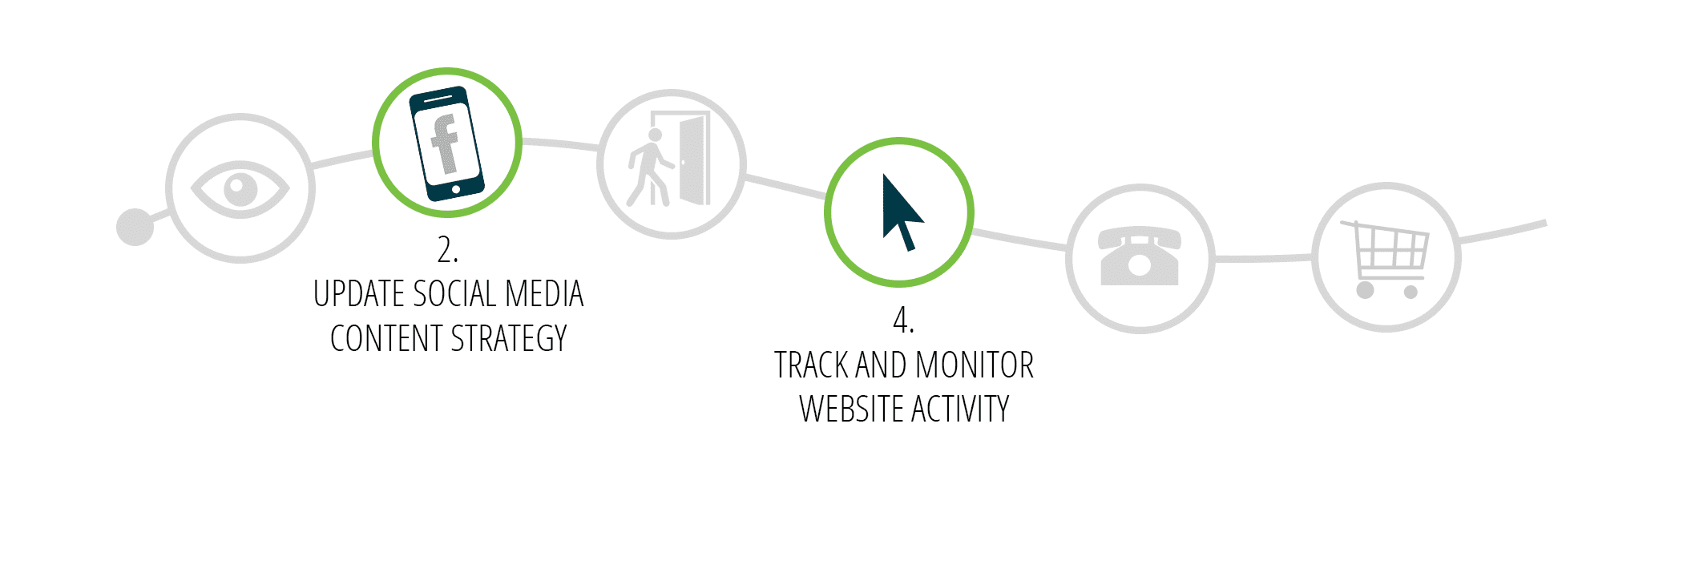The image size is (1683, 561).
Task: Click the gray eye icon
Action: tap(240, 189)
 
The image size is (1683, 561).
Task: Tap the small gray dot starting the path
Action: tap(135, 227)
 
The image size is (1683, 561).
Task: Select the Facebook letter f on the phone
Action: tap(445, 144)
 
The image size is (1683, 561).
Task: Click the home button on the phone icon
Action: tap(456, 190)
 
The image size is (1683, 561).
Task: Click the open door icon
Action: tap(694, 159)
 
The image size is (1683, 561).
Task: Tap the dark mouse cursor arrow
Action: tap(902, 212)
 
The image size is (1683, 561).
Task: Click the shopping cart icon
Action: tap(1385, 259)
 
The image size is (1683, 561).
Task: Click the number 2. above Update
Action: tap(448, 250)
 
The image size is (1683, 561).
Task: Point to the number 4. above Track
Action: tap(903, 321)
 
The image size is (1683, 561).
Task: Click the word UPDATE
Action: tap(360, 294)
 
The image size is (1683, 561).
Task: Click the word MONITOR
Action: tap(975, 365)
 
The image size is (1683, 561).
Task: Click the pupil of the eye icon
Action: tap(240, 190)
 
